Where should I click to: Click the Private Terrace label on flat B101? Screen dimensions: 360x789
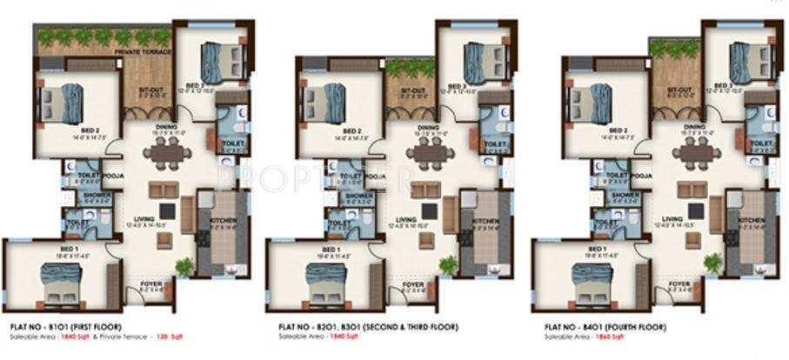click(146, 53)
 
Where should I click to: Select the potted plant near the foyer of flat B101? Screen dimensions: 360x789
click(183, 266)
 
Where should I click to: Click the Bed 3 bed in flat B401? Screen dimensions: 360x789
click(741, 61)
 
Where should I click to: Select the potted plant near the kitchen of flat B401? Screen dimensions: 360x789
click(714, 261)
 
